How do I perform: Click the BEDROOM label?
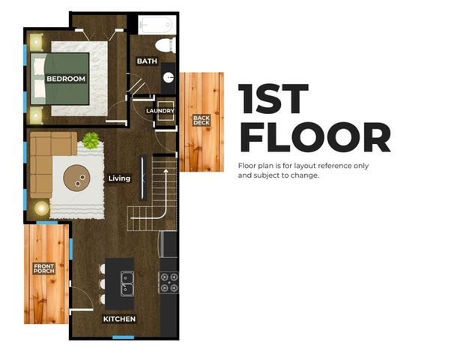(66, 78)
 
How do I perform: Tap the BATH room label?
(147, 61)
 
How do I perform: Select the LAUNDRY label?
(160, 111)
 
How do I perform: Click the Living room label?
(119, 178)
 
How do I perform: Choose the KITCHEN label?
(119, 319)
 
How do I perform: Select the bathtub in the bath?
(154, 25)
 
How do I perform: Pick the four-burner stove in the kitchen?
(169, 282)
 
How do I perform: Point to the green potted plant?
(91, 139)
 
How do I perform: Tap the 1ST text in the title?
(273, 99)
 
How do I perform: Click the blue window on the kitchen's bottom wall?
(123, 337)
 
